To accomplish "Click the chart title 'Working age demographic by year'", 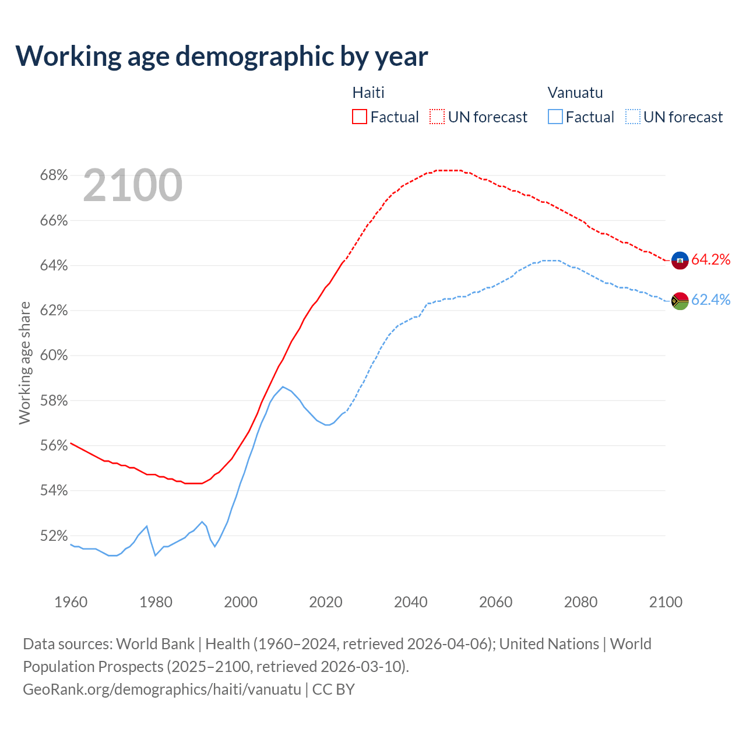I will (x=221, y=56).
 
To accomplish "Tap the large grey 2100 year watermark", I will (x=133, y=185).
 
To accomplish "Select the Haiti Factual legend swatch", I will (x=360, y=117).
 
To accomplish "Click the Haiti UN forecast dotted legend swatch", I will (x=437, y=117).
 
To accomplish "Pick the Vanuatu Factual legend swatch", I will (x=555, y=117).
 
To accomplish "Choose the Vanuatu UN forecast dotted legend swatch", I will (x=633, y=117).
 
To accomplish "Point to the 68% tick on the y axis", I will (x=54, y=175).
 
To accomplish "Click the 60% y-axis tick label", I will (x=54, y=356).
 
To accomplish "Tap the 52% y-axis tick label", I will (x=54, y=536).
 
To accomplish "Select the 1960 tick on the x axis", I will (x=71, y=602).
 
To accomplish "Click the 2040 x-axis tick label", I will (x=411, y=602).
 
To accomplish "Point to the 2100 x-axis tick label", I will (x=666, y=602).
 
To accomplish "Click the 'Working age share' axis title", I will (x=24, y=363).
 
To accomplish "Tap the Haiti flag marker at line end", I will (x=680, y=260).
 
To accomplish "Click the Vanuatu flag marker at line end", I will (x=680, y=301).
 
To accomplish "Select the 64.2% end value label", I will (x=711, y=260).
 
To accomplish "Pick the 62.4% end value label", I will (x=711, y=300).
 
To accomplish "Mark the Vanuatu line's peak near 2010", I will (x=283, y=387).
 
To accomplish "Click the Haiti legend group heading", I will (x=368, y=93).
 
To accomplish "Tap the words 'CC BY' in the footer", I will (x=333, y=689).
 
